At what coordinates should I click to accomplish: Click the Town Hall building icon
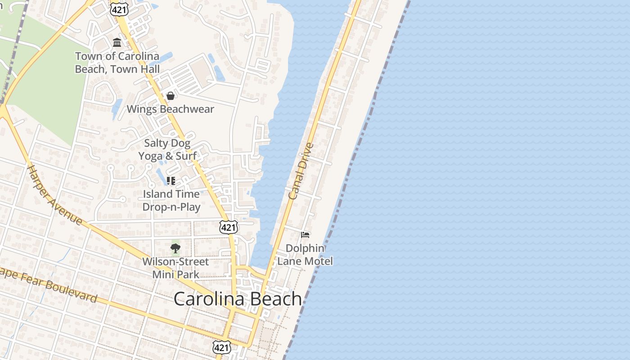117,43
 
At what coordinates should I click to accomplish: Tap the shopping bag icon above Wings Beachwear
171,96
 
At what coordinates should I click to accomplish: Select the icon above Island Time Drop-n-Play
171,181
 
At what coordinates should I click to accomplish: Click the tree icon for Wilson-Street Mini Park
175,248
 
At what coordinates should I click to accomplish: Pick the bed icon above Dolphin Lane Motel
305,234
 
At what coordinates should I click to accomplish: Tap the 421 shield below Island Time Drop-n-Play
229,227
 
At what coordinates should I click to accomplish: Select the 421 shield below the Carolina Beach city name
222,347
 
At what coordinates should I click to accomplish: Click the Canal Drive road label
301,171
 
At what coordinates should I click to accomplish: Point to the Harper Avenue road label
55,195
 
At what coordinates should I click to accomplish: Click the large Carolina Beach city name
238,299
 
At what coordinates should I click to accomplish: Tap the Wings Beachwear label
170,109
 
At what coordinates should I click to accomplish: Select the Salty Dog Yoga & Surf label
167,149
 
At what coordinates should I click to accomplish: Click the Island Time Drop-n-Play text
171,200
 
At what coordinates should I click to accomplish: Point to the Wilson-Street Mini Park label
175,268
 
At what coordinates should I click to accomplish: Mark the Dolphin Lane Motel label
305,255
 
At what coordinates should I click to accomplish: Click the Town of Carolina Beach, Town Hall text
117,63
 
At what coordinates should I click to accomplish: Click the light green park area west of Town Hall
49,90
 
